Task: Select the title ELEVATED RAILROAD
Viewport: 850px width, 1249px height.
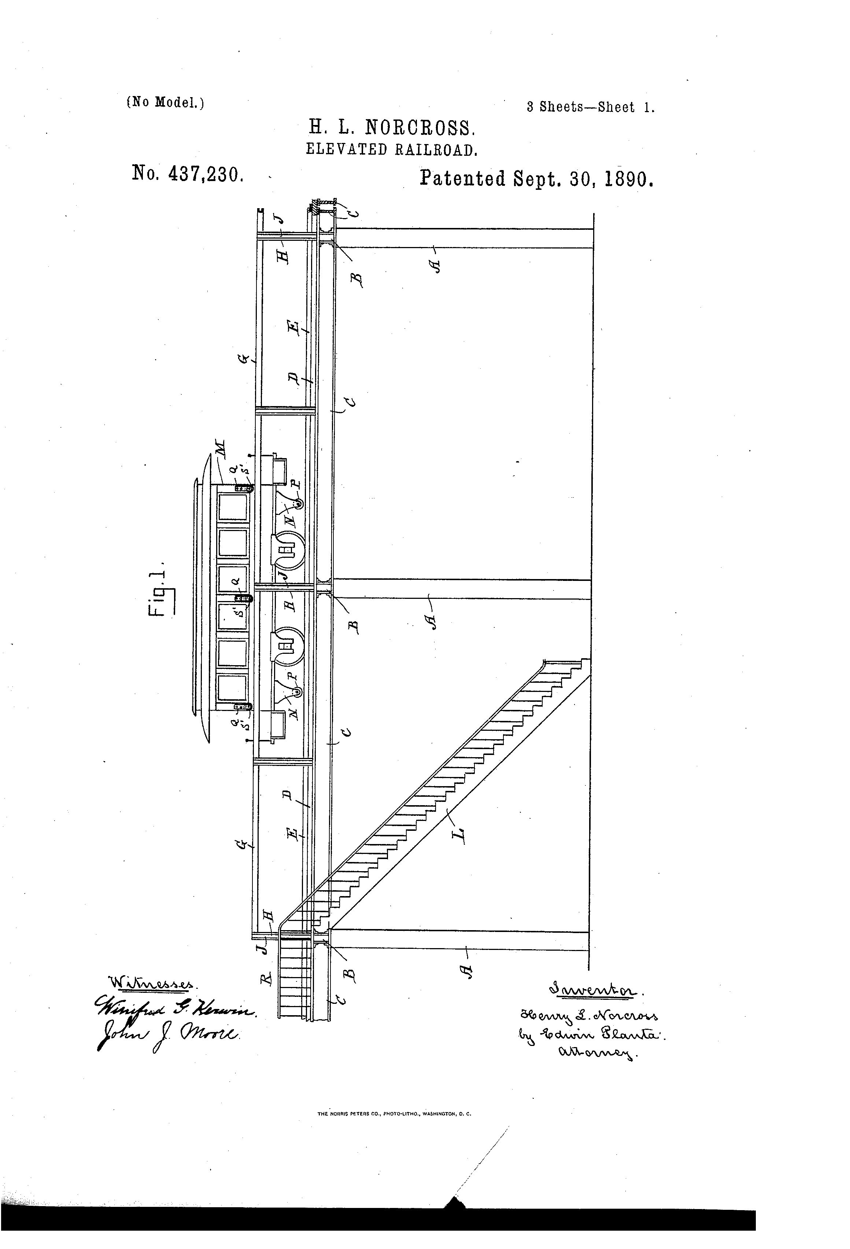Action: click(392, 150)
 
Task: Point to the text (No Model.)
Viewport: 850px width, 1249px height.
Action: click(166, 102)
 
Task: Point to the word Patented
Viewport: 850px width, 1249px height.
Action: click(463, 178)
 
